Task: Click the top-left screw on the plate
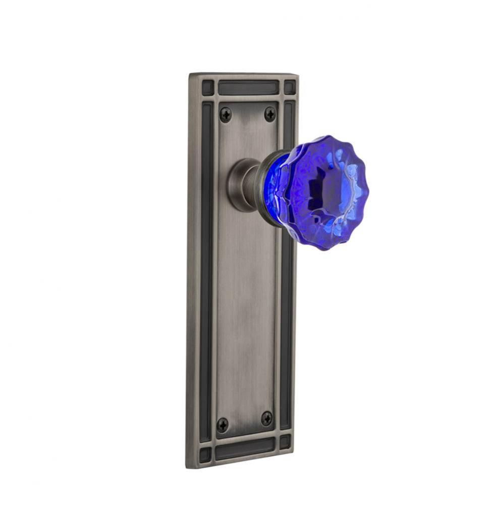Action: [x=226, y=115]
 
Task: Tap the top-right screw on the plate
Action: [x=270, y=114]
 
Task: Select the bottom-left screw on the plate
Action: [x=222, y=425]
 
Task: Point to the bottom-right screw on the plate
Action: [x=266, y=418]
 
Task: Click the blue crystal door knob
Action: [x=323, y=192]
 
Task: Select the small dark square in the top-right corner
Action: [x=290, y=87]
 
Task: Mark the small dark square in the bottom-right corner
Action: [x=286, y=442]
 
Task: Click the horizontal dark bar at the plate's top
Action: [x=248, y=87]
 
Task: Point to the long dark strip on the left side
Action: [x=206, y=268]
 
